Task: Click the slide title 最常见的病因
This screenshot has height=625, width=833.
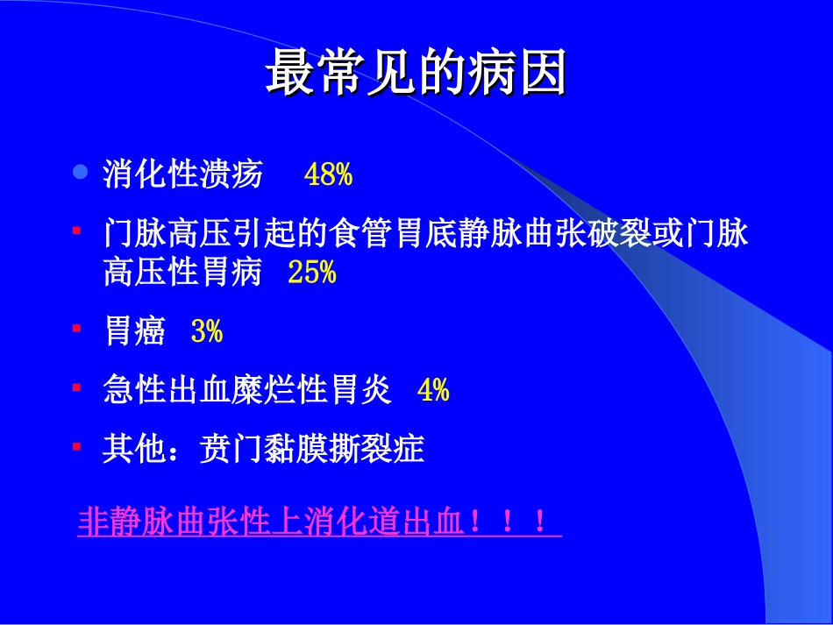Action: coord(416,74)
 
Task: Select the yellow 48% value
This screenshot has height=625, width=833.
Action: coord(328,175)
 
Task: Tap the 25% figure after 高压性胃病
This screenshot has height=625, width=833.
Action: coord(311,273)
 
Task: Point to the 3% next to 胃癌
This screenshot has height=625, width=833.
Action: coord(207,332)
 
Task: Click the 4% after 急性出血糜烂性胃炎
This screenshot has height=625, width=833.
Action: coord(433,390)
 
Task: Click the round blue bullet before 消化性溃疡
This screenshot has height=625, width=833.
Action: coord(80,173)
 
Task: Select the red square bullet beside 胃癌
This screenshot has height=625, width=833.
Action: coord(77,328)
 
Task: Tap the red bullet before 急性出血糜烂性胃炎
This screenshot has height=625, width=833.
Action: coord(77,387)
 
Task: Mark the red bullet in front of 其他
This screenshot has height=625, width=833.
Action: coord(77,445)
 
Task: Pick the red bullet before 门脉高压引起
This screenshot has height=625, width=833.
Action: coord(77,231)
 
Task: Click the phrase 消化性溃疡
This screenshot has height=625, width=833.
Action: coord(182,175)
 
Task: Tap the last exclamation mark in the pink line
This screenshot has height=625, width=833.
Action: coord(539,523)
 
